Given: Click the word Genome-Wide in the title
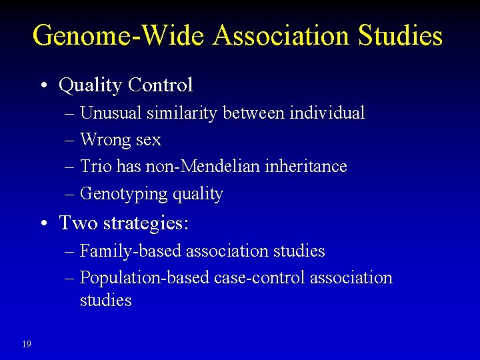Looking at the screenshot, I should coord(119,35).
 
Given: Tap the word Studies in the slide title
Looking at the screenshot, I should coord(400,35).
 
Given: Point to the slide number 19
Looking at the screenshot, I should coord(26,344).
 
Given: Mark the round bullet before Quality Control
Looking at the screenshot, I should coord(43,86).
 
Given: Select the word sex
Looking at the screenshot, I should coord(148,140).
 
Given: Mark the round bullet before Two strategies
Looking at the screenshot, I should coord(43,223).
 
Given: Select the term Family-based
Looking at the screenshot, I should coord(131,251).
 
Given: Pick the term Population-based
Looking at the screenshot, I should coord(145,278).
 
